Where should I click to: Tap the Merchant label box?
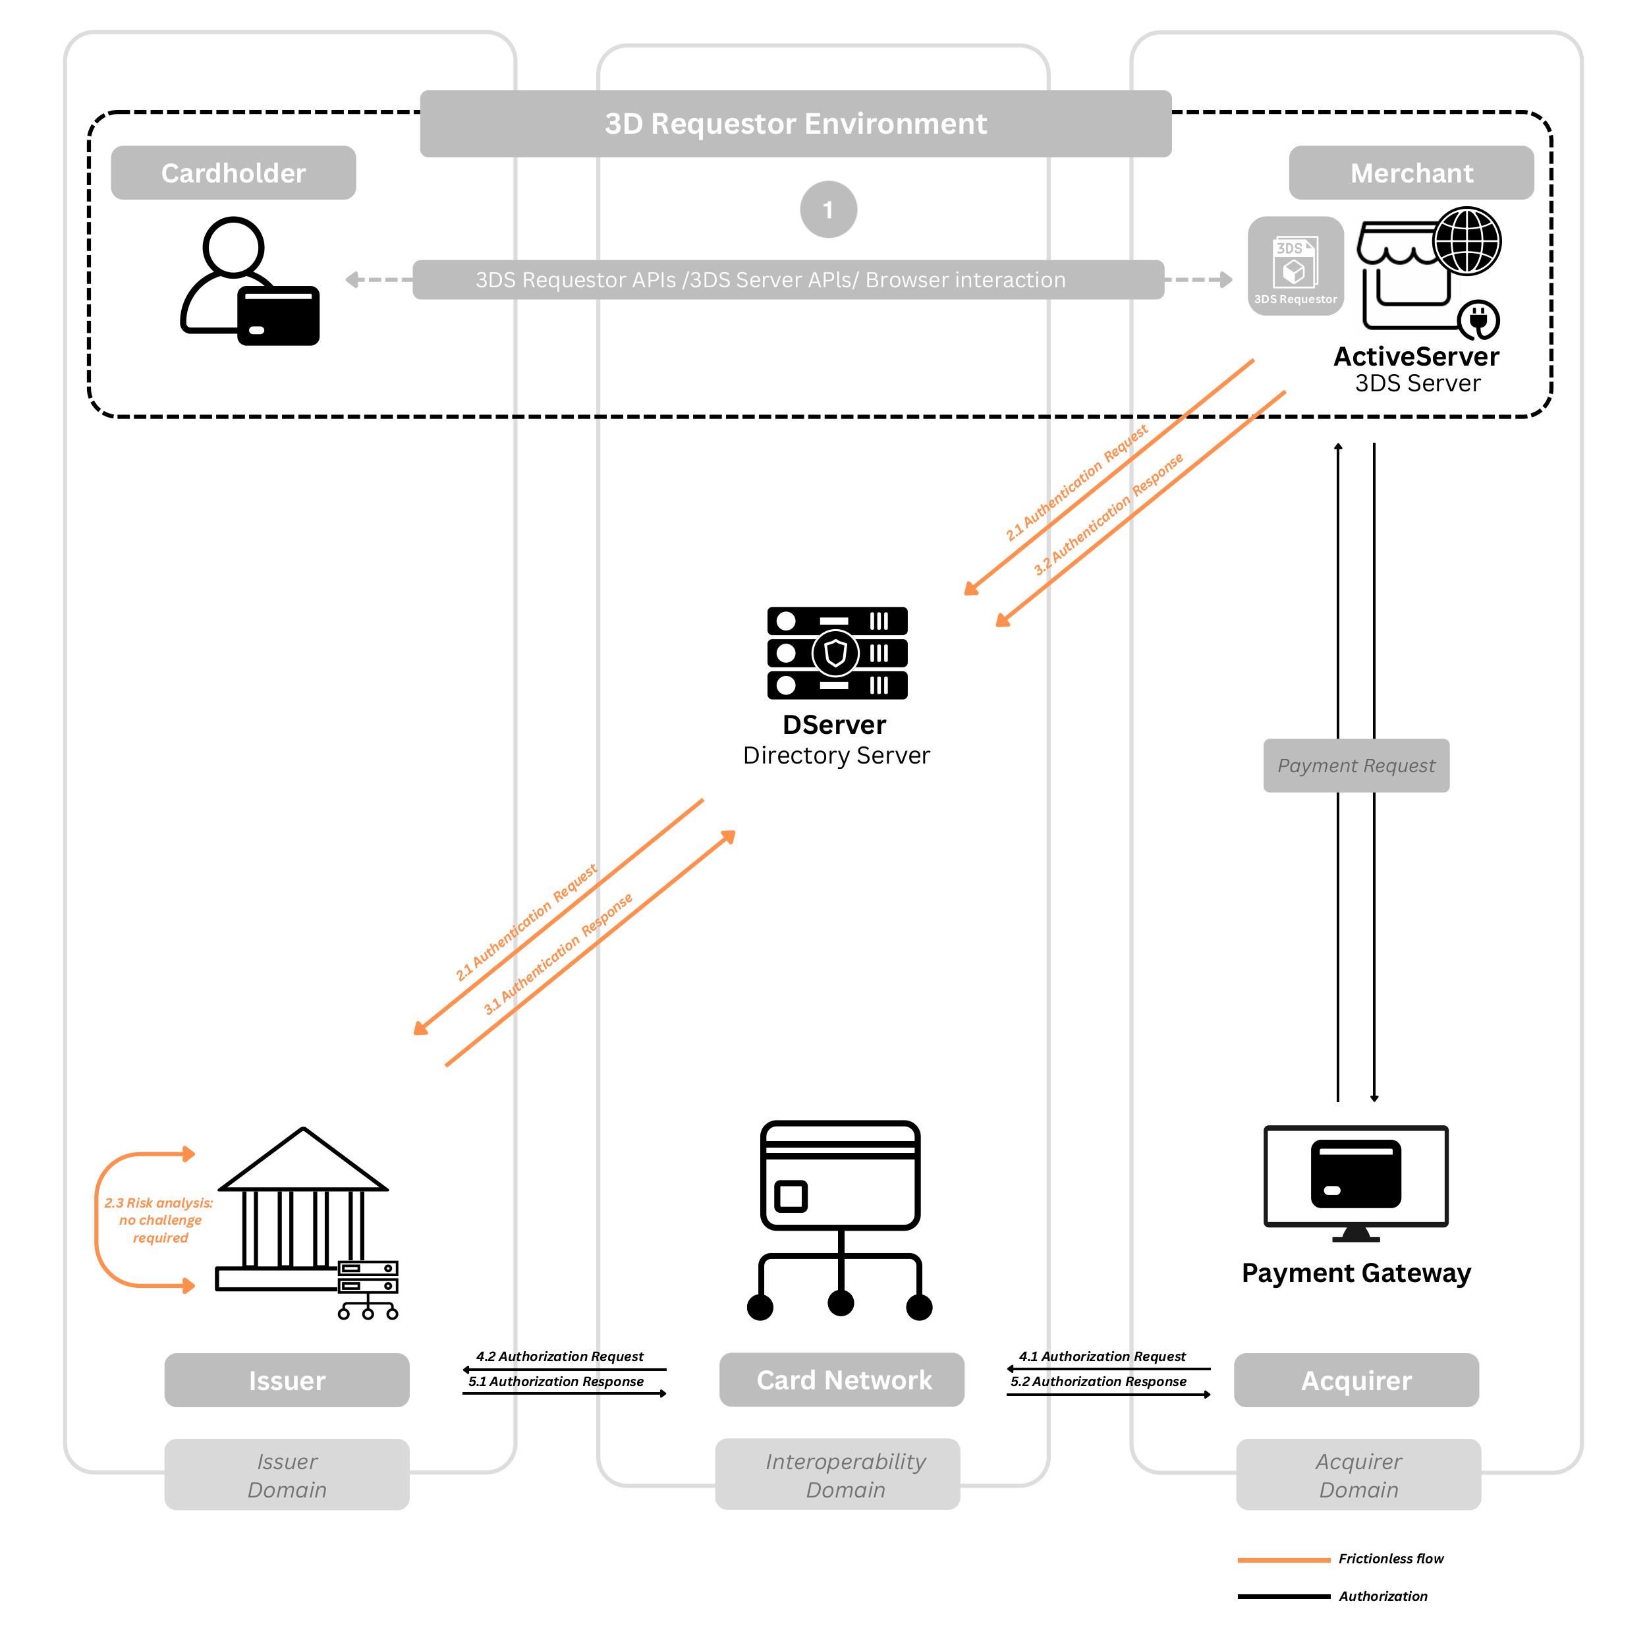1411,173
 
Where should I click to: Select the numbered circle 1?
827,209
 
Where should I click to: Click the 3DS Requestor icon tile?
1295,266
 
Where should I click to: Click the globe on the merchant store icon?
1466,241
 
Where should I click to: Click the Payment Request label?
1355,766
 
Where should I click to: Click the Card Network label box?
841,1380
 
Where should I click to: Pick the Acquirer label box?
1355,1380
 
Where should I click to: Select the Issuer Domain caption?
287,1475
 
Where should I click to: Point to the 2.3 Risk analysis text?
159,1220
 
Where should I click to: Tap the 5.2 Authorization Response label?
1098,1381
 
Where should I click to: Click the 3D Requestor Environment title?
795,124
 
